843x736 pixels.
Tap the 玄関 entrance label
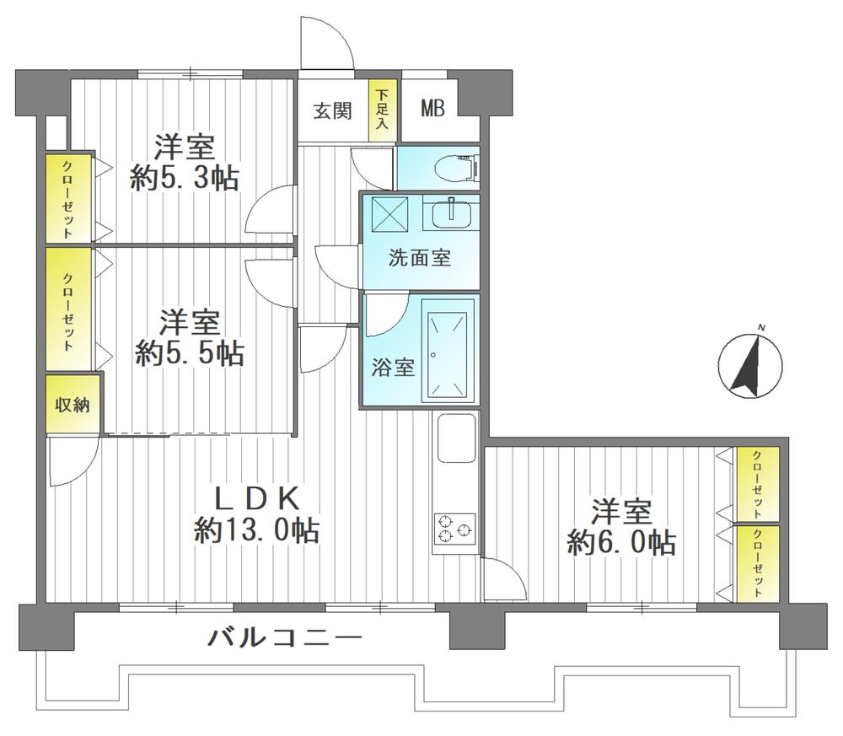coord(332,110)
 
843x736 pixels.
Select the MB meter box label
coord(433,110)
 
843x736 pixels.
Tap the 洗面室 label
coord(419,258)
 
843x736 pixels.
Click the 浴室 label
coord(393,368)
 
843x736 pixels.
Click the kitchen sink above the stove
coord(456,438)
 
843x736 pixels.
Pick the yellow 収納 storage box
coord(73,405)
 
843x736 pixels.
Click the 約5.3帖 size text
coord(184,178)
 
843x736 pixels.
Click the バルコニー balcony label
coord(286,637)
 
